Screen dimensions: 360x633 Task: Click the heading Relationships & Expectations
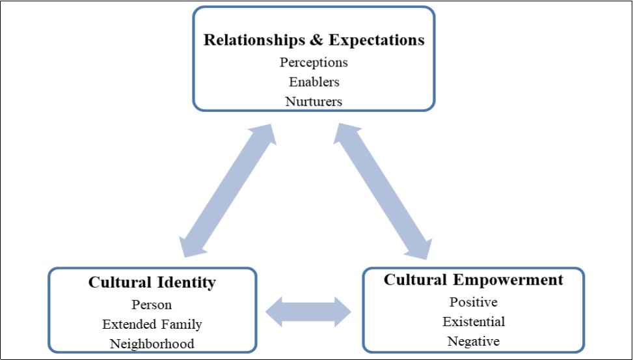(314, 40)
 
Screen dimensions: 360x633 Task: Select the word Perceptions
(314, 62)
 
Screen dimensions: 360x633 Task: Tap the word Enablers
(314, 82)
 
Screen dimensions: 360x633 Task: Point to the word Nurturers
(314, 102)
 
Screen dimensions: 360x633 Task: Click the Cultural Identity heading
(152, 283)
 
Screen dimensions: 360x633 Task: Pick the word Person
(152, 305)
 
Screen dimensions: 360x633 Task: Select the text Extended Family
(152, 324)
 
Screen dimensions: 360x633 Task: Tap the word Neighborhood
(152, 344)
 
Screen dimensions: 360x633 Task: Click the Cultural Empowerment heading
(473, 280)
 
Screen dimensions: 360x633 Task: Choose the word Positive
(473, 302)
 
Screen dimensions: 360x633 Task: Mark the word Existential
(473, 322)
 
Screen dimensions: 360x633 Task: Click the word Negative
(473, 341)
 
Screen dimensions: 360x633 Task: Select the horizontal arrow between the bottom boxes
(308, 311)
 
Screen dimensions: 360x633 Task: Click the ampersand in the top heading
(316, 40)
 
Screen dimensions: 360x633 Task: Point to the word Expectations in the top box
(377, 40)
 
